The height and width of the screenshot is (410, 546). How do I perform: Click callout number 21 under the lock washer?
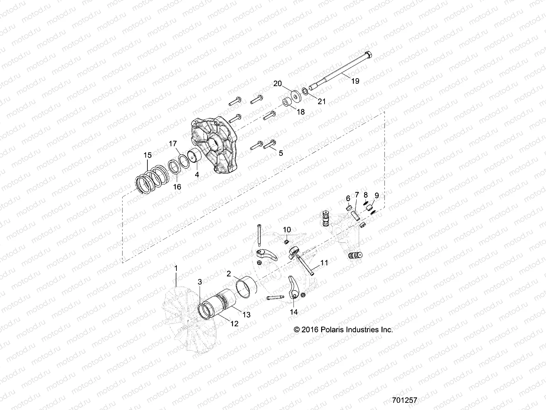coord(322,101)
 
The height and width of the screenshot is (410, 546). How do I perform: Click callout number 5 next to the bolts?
coord(281,153)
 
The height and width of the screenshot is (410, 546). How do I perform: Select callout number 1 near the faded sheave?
coord(176,268)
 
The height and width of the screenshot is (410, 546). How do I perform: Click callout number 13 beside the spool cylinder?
coord(246,315)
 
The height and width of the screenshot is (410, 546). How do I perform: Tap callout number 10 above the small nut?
coord(287,229)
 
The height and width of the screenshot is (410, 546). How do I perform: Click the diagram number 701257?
coord(406,400)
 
